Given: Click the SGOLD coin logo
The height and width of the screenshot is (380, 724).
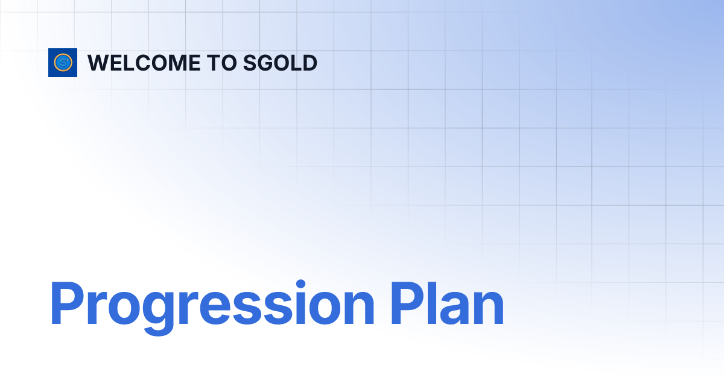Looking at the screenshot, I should (63, 63).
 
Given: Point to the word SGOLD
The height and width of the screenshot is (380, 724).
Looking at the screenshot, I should (280, 63).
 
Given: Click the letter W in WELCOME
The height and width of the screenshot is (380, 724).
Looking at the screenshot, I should (99, 63).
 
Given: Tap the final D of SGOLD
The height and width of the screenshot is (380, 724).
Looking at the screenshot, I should (310, 63).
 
